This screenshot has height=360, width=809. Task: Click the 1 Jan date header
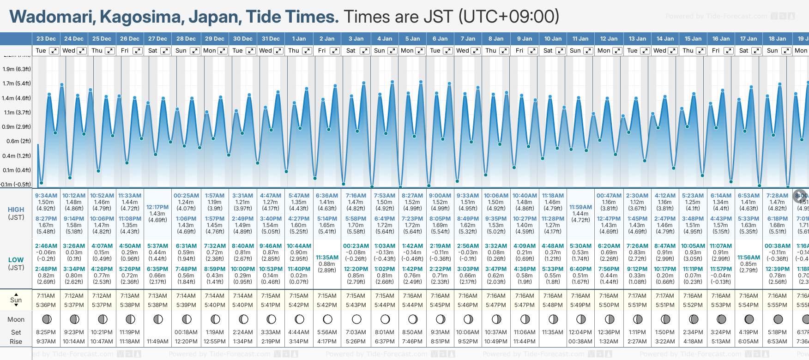pyautogui.click(x=299, y=39)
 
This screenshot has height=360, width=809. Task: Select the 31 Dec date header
pyautogui.click(x=271, y=39)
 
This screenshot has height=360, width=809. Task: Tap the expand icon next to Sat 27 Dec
pyautogui.click(x=165, y=51)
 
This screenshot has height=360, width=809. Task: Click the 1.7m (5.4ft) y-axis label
pyautogui.click(x=17, y=84)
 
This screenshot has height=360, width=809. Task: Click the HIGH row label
pyautogui.click(x=16, y=210)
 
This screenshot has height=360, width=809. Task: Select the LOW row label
pyautogui.click(x=16, y=260)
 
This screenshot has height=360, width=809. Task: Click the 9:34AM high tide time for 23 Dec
pyautogui.click(x=46, y=196)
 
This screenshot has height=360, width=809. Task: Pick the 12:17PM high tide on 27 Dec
pyautogui.click(x=157, y=207)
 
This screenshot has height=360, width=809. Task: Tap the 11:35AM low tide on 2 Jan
pyautogui.click(x=327, y=258)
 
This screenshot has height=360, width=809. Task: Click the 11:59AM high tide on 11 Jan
pyautogui.click(x=580, y=207)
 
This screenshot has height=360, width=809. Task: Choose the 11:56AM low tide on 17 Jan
pyautogui.click(x=749, y=258)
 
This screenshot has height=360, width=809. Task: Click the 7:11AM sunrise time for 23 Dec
pyautogui.click(x=46, y=296)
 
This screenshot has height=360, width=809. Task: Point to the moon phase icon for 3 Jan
pyautogui.click(x=356, y=319)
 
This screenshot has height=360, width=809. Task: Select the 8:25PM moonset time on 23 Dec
pyautogui.click(x=46, y=332)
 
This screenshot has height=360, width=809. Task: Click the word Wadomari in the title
pyautogui.click(x=52, y=17)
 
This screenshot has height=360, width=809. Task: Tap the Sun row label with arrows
pyautogui.click(x=16, y=300)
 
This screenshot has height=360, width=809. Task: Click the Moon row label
pyautogui.click(x=16, y=319)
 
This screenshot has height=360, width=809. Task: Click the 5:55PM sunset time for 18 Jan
pyautogui.click(x=777, y=305)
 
